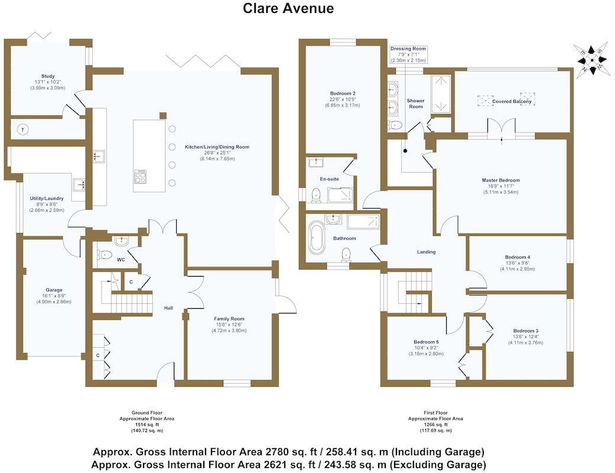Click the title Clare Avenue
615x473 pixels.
click(x=288, y=8)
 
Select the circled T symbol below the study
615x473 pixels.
click(x=23, y=129)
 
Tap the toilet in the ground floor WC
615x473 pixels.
click(x=104, y=255)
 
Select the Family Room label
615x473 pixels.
click(x=229, y=319)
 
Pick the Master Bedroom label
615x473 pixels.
click(x=500, y=180)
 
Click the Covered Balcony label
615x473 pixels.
click(x=512, y=102)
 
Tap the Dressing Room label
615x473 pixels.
click(x=408, y=48)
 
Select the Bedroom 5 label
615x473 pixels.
click(x=425, y=342)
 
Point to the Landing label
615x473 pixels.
click(x=426, y=252)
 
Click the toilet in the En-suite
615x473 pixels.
click(x=316, y=194)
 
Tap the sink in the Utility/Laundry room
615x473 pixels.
click(x=79, y=184)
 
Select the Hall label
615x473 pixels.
click(x=168, y=307)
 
